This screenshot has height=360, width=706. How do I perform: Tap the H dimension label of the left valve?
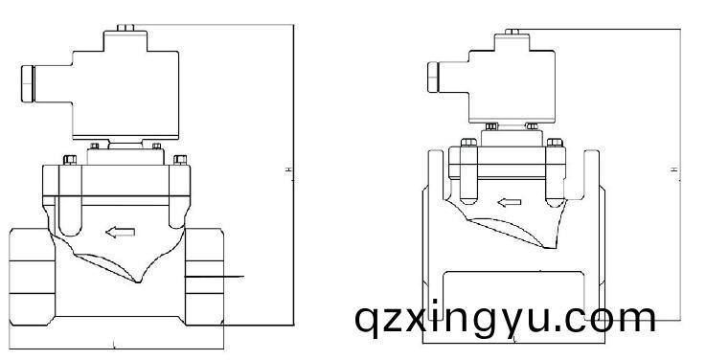point(289,170)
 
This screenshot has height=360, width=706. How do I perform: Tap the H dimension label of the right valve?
point(675,170)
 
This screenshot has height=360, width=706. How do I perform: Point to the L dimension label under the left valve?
point(115,342)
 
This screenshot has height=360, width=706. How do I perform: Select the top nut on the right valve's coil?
point(513,32)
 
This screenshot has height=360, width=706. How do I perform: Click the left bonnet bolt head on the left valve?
point(68,159)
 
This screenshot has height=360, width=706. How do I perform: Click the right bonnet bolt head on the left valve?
point(179,159)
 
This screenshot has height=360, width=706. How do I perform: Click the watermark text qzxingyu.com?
point(505,317)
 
